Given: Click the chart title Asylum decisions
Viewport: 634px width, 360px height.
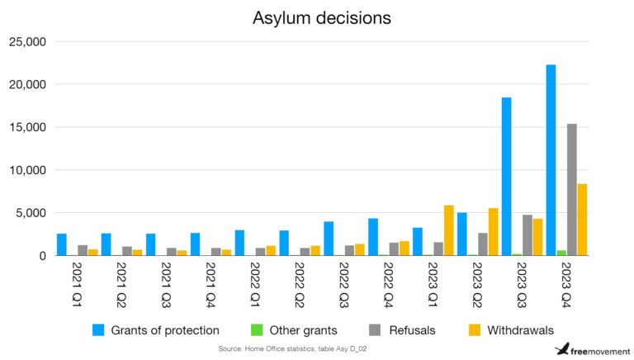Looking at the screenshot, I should [321, 17].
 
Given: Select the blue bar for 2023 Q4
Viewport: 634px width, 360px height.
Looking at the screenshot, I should [551, 160].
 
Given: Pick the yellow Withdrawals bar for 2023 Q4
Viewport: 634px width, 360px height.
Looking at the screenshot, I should [582, 220].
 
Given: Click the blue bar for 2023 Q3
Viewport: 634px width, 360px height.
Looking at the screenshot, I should [506, 177].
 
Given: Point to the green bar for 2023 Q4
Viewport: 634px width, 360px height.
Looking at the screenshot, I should [561, 253].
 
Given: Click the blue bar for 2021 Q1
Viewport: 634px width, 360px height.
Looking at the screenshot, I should [62, 244].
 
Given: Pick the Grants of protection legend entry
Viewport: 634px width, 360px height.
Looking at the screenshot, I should [156, 330].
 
